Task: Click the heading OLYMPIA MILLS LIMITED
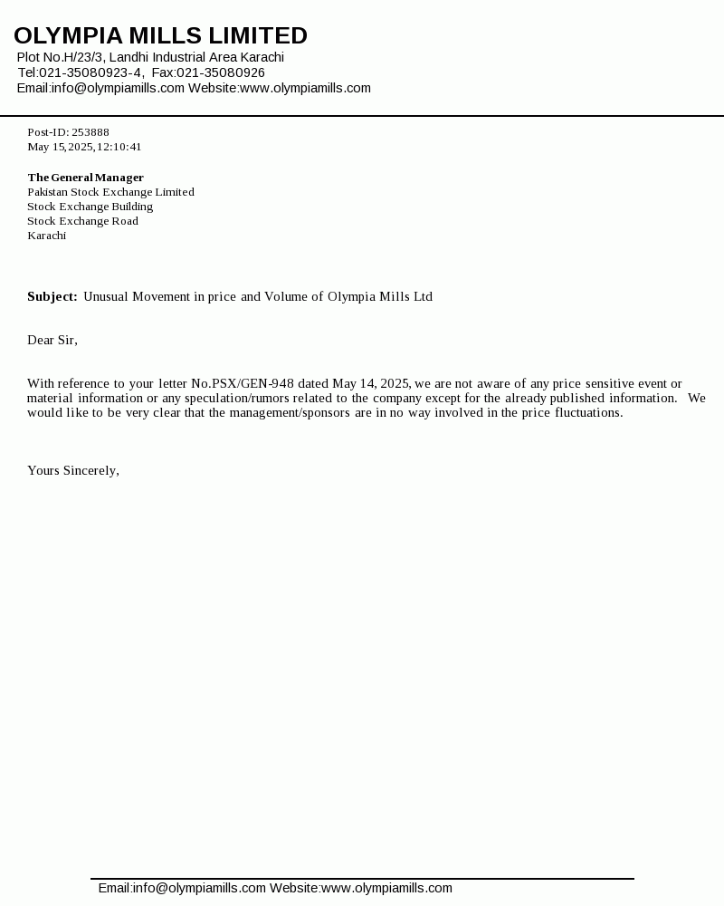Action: [160, 36]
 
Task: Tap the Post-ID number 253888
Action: [90, 132]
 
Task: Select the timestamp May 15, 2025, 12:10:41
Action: [84, 147]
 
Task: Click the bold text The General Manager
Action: [85, 178]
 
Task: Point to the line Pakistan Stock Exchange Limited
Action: [110, 192]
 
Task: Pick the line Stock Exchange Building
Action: [90, 207]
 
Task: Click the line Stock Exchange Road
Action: [82, 221]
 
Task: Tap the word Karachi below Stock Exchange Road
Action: [46, 236]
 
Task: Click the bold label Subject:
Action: [52, 296]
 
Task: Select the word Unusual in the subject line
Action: [106, 296]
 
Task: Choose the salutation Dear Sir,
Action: [52, 340]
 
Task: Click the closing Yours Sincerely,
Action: [73, 470]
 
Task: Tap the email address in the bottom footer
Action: [199, 888]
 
